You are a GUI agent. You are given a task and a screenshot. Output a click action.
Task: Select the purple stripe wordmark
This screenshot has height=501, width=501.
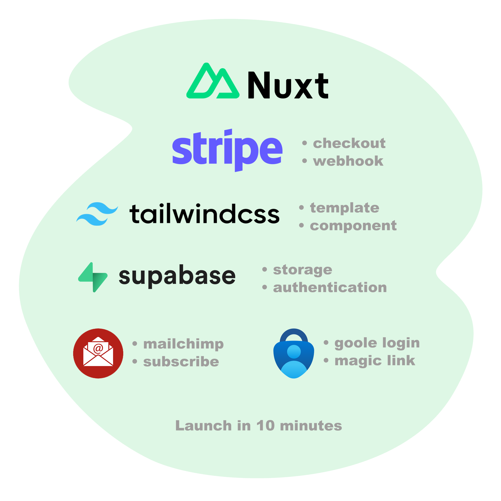(x=227, y=150)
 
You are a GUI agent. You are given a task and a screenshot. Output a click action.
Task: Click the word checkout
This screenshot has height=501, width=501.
(x=349, y=143)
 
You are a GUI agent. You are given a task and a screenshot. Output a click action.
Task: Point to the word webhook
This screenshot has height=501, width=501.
(x=348, y=161)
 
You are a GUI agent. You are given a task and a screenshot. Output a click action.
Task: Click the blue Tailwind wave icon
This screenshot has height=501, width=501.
(x=97, y=214)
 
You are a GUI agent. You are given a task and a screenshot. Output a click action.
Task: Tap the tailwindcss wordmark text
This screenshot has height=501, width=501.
(x=204, y=214)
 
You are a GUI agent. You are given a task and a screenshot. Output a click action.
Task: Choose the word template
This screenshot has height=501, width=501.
(x=344, y=208)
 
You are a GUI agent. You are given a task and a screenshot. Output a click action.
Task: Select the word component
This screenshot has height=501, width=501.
(x=353, y=226)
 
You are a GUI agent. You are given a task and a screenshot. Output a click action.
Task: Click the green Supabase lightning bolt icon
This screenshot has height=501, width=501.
(x=93, y=277)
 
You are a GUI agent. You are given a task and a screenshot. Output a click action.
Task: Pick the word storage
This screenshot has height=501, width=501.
(x=302, y=270)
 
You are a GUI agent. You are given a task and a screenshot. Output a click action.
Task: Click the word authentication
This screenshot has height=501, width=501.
(x=330, y=288)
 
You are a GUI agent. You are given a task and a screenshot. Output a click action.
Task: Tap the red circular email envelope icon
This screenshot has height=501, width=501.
(x=98, y=353)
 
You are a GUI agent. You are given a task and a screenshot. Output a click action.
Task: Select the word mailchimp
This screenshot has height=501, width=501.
(x=183, y=344)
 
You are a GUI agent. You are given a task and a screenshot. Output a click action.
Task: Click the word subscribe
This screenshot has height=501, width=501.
(x=181, y=362)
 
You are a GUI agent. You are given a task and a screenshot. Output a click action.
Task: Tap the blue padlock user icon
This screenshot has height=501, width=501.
(x=294, y=353)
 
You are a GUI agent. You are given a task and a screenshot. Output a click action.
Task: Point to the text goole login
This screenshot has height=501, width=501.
(x=377, y=343)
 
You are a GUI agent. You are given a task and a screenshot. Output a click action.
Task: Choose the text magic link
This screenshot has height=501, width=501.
(x=375, y=361)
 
